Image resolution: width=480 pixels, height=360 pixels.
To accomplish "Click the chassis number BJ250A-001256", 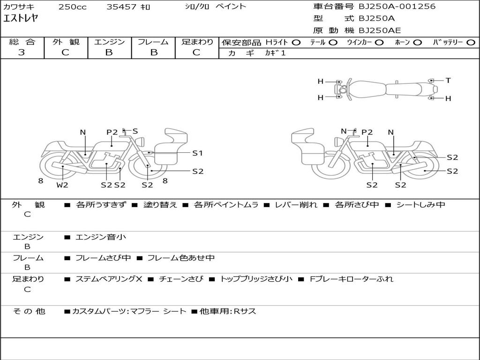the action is [397, 6].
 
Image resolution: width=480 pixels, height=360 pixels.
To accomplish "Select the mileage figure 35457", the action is [121, 7].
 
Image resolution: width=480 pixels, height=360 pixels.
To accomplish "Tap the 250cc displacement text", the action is [73, 7].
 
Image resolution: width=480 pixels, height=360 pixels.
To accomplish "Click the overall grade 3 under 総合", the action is [22, 52].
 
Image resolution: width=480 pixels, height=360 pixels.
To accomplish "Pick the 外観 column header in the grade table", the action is [66, 42].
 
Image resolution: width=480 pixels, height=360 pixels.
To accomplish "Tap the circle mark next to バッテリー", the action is [471, 43].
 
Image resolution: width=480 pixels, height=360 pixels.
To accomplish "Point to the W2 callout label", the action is [62, 185].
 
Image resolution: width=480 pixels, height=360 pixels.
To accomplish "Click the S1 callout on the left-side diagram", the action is [197, 153].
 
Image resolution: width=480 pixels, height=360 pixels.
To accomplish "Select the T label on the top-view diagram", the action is [448, 81].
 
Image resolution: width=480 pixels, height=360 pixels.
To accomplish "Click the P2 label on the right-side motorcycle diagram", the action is [367, 132].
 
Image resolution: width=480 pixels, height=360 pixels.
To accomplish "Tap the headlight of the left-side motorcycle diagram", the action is [141, 142].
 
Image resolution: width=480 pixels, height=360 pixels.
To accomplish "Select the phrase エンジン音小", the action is [101, 237].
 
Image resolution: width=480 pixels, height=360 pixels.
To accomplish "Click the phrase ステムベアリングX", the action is [109, 279].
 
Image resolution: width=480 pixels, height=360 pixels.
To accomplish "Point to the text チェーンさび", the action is [181, 279].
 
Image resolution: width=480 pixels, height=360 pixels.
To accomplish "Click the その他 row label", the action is [29, 311].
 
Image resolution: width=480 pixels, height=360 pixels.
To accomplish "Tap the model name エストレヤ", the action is [21, 18].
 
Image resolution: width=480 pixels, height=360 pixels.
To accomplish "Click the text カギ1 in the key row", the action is [275, 53].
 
